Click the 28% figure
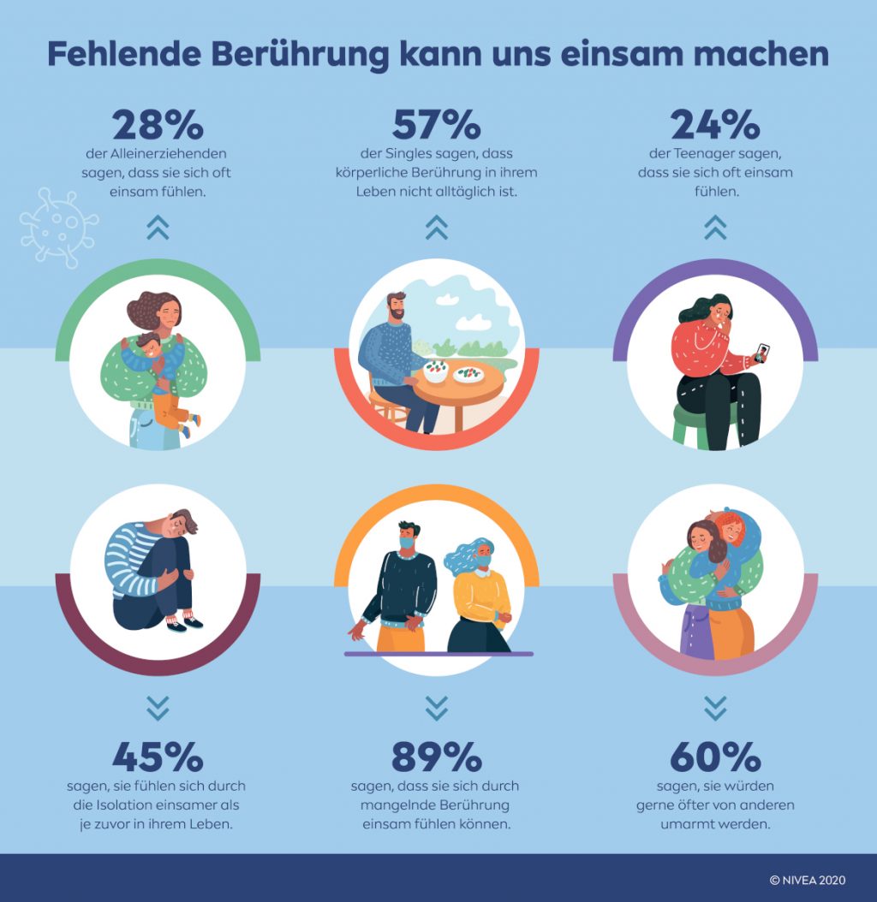coord(158,125)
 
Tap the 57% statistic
coord(436,125)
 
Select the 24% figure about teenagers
coord(715,125)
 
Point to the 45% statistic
coord(158,757)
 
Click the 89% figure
coord(436,757)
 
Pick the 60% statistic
coord(715,757)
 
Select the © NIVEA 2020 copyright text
coord(808,879)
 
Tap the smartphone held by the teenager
coord(761,353)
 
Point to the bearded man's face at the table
coord(396,308)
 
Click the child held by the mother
coord(159,368)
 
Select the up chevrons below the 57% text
coord(436,226)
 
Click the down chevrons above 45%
coord(158,707)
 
